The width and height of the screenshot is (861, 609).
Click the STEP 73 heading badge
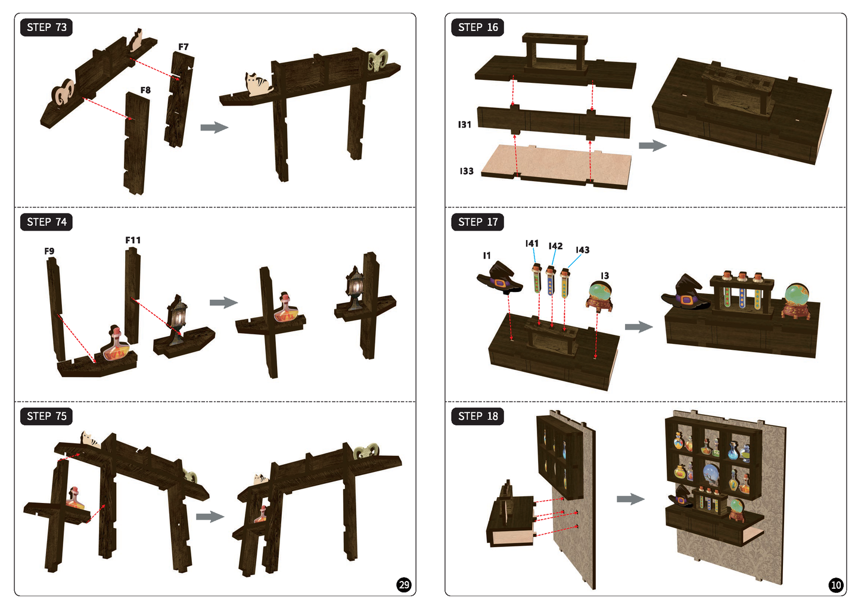pos(46,27)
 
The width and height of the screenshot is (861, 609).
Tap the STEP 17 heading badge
pos(478,222)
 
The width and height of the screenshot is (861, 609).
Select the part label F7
pos(184,47)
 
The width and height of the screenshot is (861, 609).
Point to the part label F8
pos(145,90)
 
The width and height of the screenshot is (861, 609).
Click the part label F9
pos(49,251)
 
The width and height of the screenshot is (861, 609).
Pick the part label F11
pos(133,240)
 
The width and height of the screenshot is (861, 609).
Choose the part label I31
pos(464,124)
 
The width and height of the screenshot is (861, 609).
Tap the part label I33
pos(467,171)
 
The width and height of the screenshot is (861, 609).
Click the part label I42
pos(556,246)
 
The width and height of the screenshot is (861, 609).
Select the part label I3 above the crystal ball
pos(605,276)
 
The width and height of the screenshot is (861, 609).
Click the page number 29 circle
pos(404,585)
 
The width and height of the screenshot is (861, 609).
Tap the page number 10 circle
pos(836,585)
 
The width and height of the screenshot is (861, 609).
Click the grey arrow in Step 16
pos(652,146)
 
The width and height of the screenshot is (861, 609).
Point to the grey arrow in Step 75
pos(210,517)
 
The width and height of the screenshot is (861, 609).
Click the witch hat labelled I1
pos(500,277)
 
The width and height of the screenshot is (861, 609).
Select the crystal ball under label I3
pos(599,297)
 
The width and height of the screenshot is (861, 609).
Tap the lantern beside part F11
pos(178,319)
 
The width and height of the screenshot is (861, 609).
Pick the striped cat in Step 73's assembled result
pos(258,84)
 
